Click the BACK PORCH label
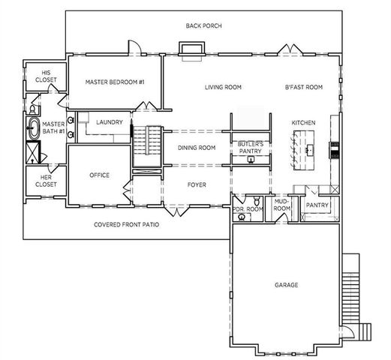[203, 25]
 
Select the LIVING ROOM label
[223, 87]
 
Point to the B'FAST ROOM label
[303, 87]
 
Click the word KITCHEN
[303, 122]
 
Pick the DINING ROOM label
[197, 148]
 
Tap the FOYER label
[197, 184]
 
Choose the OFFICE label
[100, 175]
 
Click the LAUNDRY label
[110, 121]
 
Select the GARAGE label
[286, 285]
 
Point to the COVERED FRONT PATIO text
[125, 224]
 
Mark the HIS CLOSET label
[36, 76]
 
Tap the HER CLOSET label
[36, 181]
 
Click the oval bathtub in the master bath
[33, 128]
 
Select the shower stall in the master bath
[34, 154]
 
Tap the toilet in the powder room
[257, 202]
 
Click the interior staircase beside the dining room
[147, 146]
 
